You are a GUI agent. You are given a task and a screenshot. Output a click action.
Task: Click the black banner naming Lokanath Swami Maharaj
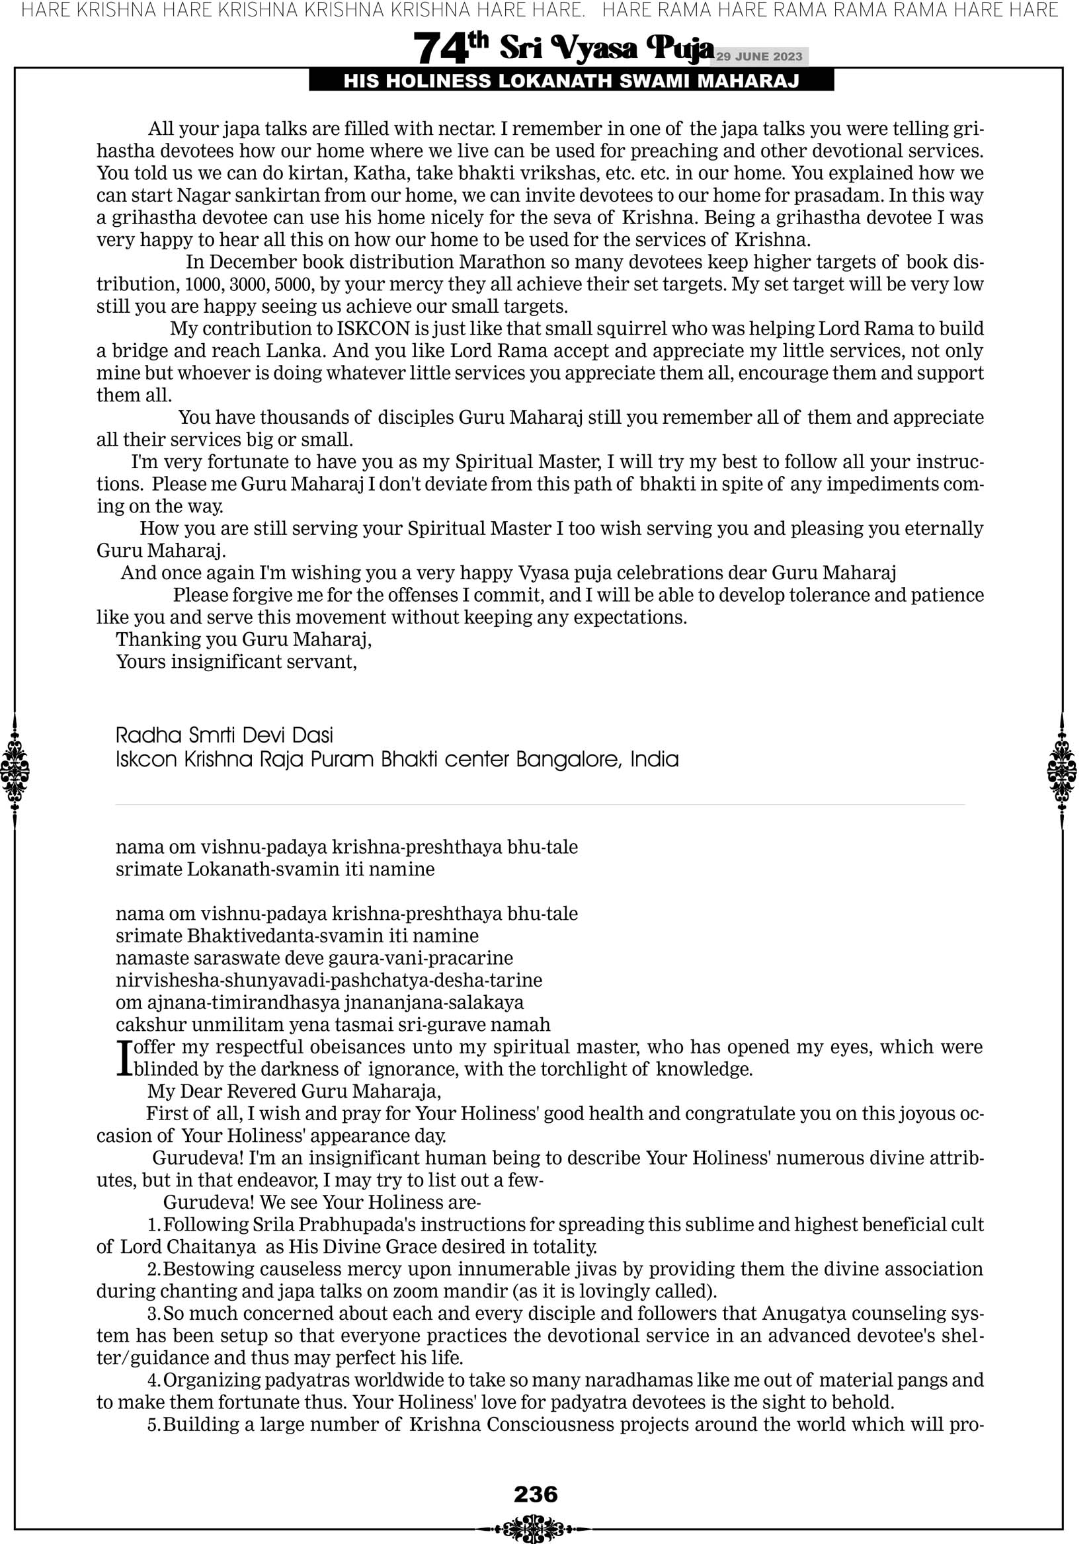(x=571, y=81)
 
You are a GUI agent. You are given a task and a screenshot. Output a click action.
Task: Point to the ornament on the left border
(x=15, y=770)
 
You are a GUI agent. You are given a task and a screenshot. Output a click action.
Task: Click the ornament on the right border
(x=1062, y=770)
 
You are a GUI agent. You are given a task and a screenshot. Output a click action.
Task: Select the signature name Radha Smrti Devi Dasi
(x=225, y=735)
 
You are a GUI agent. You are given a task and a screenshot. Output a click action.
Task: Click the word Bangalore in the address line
(x=569, y=760)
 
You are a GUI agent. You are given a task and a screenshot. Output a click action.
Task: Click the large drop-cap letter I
(x=123, y=1058)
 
